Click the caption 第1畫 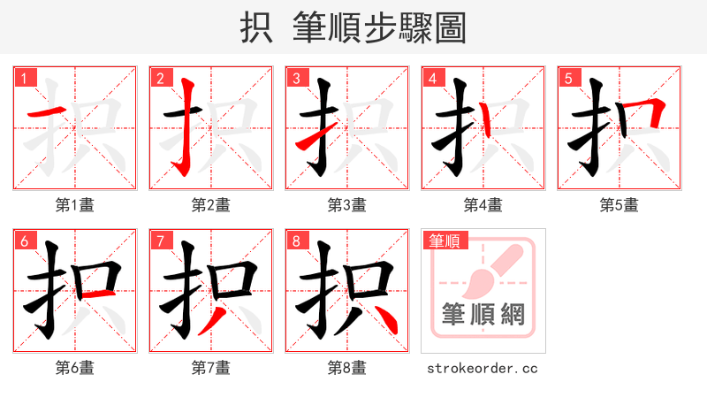[x=75, y=205]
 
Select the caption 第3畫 [x=347, y=205]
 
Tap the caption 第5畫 [x=620, y=205]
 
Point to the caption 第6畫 [x=75, y=368]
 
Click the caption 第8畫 [x=347, y=368]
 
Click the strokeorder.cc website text [x=483, y=368]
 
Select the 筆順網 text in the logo [x=483, y=315]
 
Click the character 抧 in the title [x=255, y=28]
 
